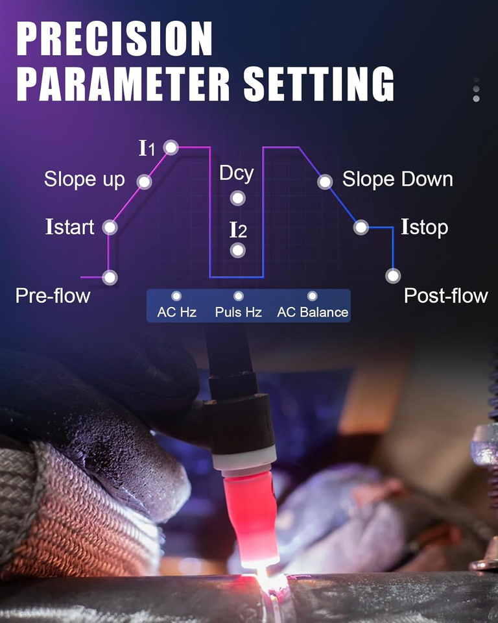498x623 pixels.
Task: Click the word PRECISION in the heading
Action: (114, 38)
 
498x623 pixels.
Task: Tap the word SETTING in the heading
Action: (318, 84)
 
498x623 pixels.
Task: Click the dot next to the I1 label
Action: (171, 147)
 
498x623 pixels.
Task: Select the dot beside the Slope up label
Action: (144, 182)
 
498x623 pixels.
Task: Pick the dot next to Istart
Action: (110, 227)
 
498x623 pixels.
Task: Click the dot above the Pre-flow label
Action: (110, 277)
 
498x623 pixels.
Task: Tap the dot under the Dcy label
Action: (238, 198)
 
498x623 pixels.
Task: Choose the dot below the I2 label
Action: (238, 250)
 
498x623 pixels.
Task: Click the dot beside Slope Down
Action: (325, 182)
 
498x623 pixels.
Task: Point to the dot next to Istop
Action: (361, 228)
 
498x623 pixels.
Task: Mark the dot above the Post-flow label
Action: (393, 276)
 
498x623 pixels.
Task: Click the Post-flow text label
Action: (445, 296)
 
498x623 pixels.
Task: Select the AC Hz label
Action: (177, 312)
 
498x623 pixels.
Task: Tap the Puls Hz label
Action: (238, 312)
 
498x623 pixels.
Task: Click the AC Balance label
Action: (313, 312)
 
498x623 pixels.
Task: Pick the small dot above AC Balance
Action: (313, 296)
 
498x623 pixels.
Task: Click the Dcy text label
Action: (236, 174)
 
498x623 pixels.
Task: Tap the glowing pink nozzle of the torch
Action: (251, 520)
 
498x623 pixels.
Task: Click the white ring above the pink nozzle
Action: (244, 458)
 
